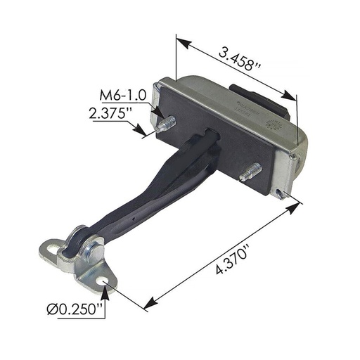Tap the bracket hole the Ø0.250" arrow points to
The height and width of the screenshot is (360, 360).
coord(106,281)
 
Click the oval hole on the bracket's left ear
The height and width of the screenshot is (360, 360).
coord(53,248)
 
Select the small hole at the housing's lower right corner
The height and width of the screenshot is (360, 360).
coord(282,192)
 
